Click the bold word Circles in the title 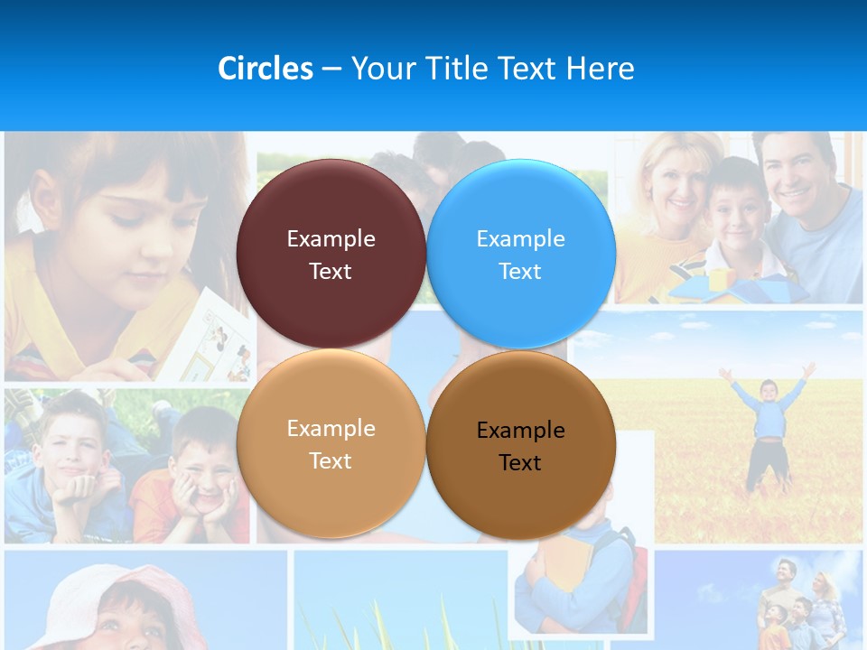pos(266,69)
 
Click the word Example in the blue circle pos(521,239)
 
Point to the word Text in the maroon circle pos(331,272)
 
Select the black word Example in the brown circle pos(521,430)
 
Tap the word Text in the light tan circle pos(331,461)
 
